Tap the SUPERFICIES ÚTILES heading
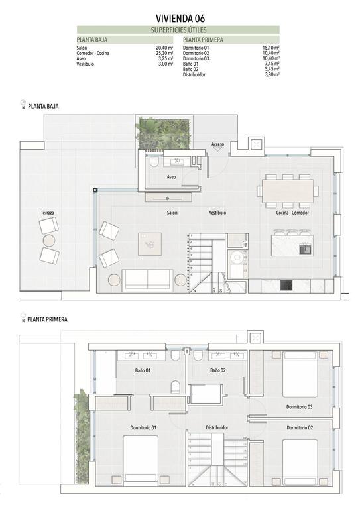click(178, 30)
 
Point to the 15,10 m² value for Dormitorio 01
click(270, 48)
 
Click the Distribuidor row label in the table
click(194, 75)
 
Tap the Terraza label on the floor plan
click(47, 213)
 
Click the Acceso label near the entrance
click(218, 144)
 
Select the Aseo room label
click(171, 177)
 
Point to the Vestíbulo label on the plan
click(217, 213)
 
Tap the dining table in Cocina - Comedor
click(287, 190)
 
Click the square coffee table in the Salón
click(150, 245)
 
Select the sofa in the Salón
click(147, 280)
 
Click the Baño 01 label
click(143, 370)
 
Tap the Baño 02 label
click(219, 370)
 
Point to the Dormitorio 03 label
click(300, 406)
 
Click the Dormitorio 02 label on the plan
click(300, 428)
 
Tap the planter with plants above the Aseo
click(162, 133)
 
